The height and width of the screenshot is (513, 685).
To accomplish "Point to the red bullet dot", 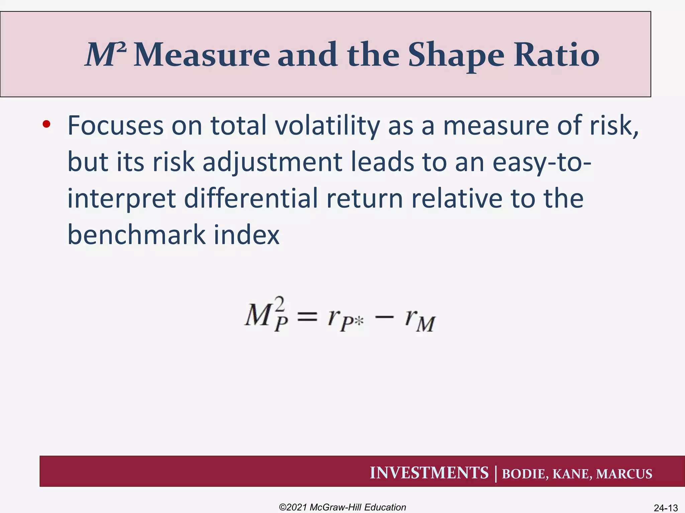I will pos(46,125).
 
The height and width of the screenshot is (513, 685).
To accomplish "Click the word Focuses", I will pos(116,126).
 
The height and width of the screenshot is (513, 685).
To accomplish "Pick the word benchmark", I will pos(136,234).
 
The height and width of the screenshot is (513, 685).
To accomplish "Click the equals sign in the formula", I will pos(307,316).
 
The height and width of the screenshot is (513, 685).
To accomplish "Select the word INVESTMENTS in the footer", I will pos(429,473).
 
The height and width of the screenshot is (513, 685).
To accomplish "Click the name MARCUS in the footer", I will pos(624,474).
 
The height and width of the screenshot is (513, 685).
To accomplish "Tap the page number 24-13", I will pos(666,508).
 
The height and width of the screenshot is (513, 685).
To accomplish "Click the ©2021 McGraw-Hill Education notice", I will pos(342,507).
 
